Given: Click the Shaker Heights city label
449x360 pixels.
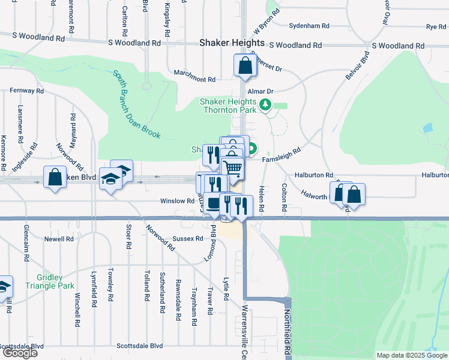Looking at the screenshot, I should coord(231,43).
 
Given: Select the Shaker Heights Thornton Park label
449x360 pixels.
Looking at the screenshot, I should coord(228,106).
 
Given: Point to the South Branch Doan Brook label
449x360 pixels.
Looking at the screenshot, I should coord(137,104).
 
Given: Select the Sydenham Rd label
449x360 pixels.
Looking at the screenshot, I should coord(309,26).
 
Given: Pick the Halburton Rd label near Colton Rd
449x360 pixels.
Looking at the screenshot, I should coord(313,175).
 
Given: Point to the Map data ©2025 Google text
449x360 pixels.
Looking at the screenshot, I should coord(412,355).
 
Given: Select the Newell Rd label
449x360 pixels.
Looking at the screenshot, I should coord(59,239).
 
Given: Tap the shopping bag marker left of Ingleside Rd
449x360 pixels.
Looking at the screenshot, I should coord(55,178).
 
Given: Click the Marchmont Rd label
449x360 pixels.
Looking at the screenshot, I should coord(194,79).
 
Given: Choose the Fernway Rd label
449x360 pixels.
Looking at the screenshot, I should coord(26,91).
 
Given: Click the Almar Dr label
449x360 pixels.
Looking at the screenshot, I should coord(262,91).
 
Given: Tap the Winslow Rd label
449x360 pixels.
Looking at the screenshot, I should coord(177,201).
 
